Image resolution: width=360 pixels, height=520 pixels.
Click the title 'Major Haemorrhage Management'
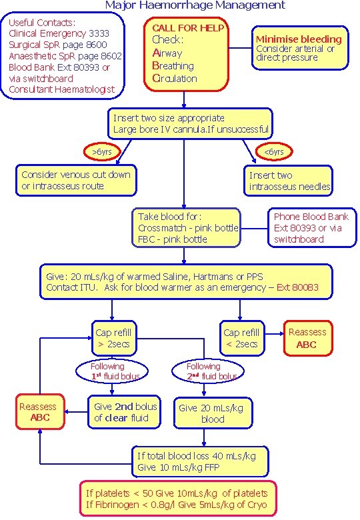point(195,5)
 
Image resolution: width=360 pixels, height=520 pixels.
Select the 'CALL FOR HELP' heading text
point(188,28)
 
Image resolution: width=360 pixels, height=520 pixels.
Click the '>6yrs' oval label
point(102,152)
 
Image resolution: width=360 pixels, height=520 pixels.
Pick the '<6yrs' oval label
point(274,152)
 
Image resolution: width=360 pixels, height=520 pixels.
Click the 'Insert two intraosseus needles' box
point(289,181)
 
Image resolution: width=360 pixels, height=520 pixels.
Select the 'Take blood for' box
point(187,227)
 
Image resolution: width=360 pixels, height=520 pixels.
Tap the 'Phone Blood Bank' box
point(311,227)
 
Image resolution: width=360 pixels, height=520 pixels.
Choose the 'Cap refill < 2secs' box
point(241,338)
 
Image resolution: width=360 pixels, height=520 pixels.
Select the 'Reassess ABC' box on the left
point(39,412)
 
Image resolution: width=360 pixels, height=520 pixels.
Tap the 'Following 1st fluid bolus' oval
point(108,371)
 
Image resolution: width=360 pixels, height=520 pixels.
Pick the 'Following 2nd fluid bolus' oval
point(203,371)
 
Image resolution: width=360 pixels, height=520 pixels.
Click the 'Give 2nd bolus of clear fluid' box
point(125,412)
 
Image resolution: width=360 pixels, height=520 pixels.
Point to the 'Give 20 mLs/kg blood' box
point(204,414)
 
